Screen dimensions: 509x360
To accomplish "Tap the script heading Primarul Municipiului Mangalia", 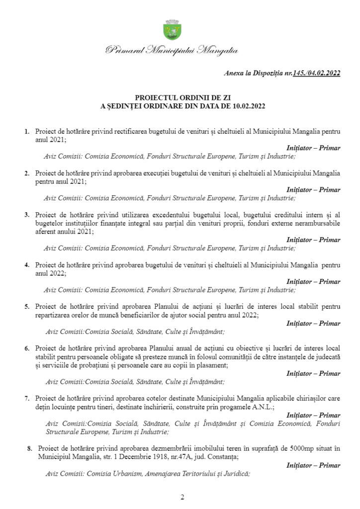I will click(x=172, y=50).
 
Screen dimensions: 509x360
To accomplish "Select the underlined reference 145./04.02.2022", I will click(x=317, y=73).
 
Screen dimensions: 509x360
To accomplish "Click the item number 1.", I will click(x=27, y=132).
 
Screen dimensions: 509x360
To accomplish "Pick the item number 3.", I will click(x=27, y=215).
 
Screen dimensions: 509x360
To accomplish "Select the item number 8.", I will click(x=29, y=449).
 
